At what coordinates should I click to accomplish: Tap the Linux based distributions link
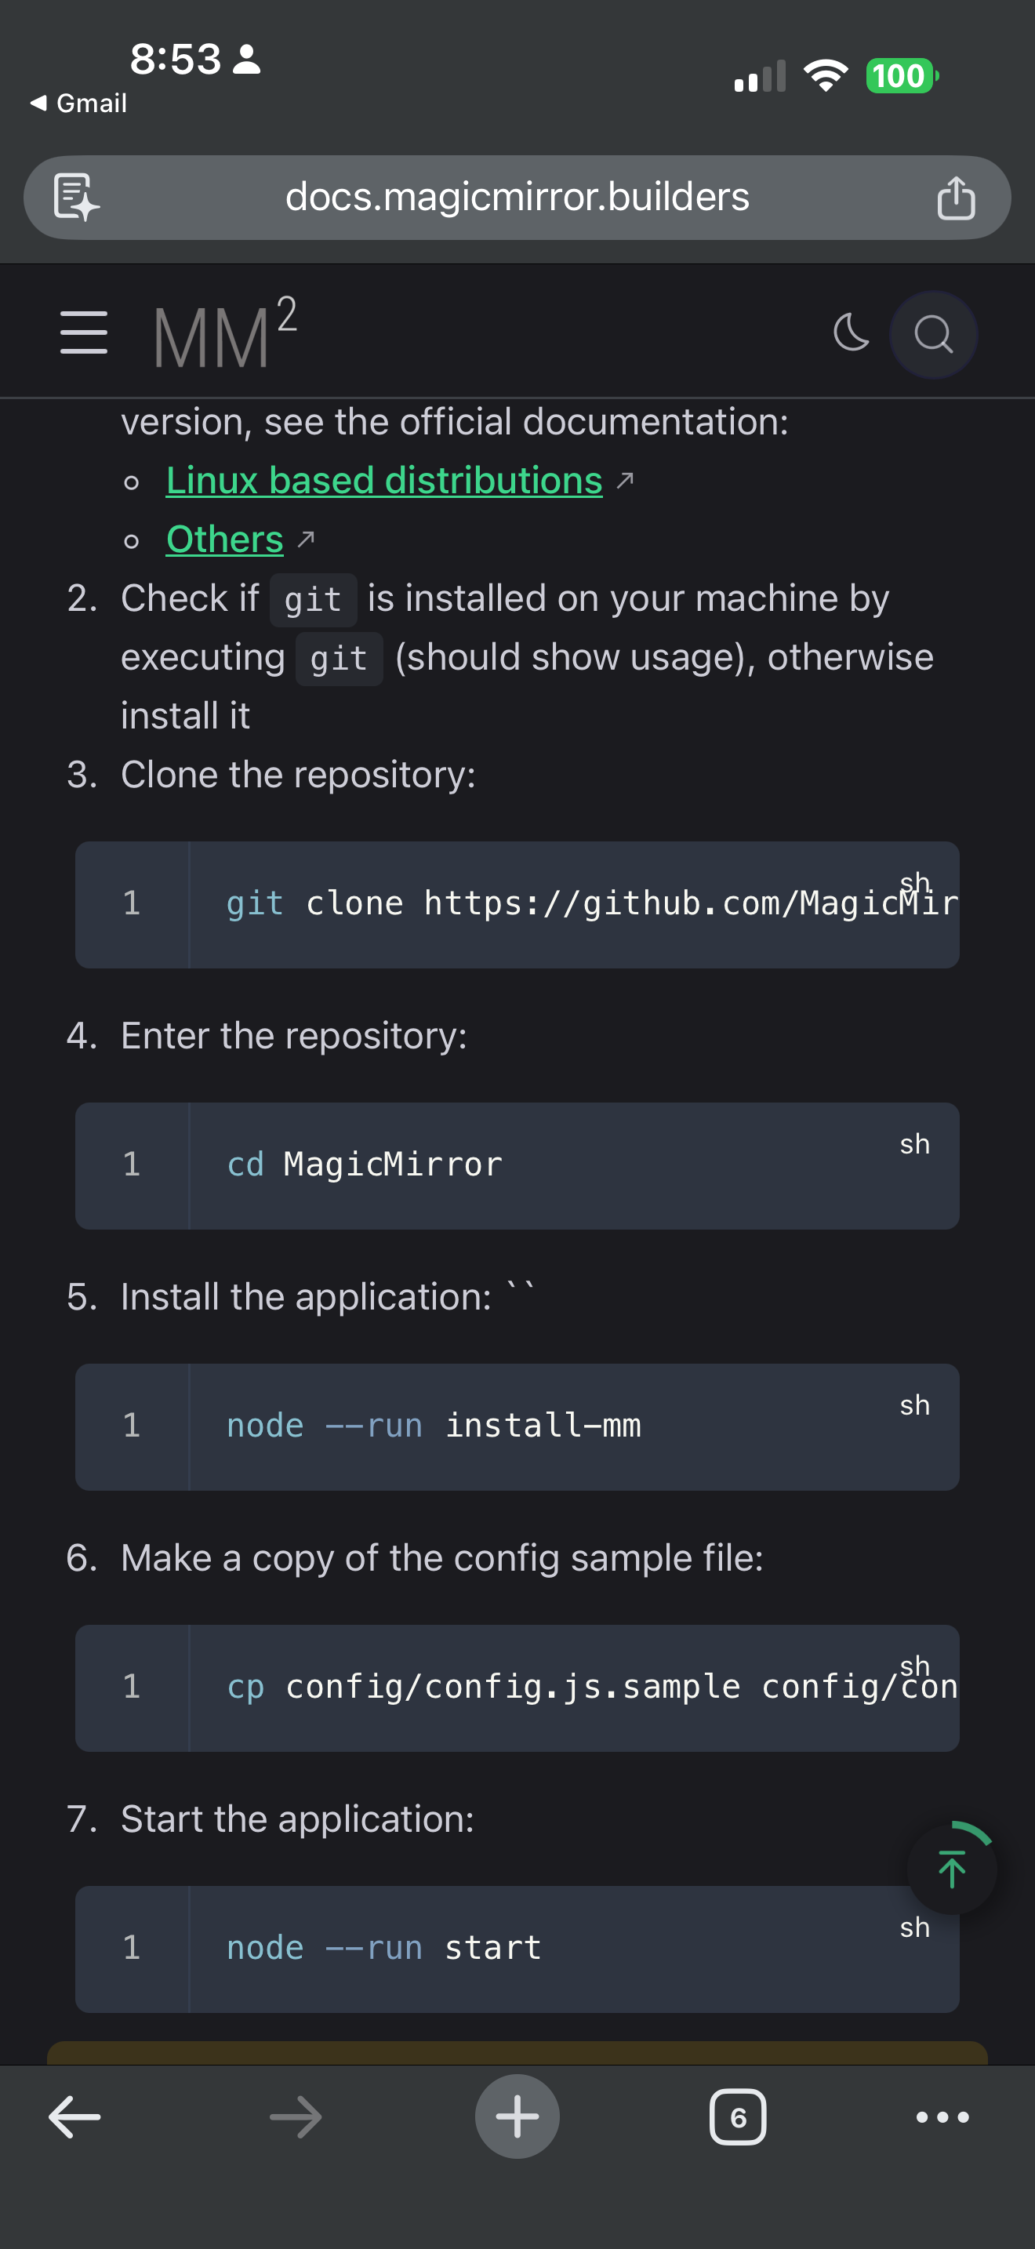(384, 481)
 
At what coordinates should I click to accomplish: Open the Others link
(224, 540)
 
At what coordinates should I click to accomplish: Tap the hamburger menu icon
(84, 332)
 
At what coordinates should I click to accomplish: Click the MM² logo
(225, 334)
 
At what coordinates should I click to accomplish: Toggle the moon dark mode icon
(851, 332)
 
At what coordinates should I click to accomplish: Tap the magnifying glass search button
(933, 334)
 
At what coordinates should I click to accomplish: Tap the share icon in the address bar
(956, 198)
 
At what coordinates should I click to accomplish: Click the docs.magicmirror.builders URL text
(517, 198)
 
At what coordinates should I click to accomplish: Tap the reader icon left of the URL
(76, 198)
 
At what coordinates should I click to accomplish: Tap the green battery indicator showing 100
(899, 76)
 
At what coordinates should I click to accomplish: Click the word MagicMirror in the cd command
(393, 1164)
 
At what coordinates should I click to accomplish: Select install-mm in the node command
(543, 1426)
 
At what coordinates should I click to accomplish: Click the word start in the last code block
(493, 1948)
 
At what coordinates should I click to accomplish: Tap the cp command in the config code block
(245, 1687)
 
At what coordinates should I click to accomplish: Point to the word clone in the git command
(354, 903)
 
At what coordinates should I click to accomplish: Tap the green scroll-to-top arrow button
(951, 1869)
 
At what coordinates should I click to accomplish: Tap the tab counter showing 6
(737, 2116)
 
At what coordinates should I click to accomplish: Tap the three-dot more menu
(942, 2116)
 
